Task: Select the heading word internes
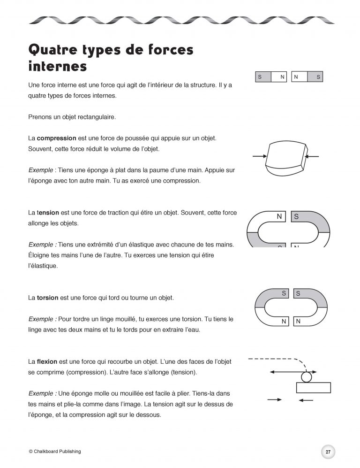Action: (57, 66)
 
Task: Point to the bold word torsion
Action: (46, 298)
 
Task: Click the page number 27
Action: (328, 452)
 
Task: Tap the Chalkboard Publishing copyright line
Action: (55, 452)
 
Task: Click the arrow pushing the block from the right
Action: (313, 156)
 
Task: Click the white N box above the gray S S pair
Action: (280, 216)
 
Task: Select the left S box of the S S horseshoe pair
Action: (284, 293)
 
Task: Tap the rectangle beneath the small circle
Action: (314, 388)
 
